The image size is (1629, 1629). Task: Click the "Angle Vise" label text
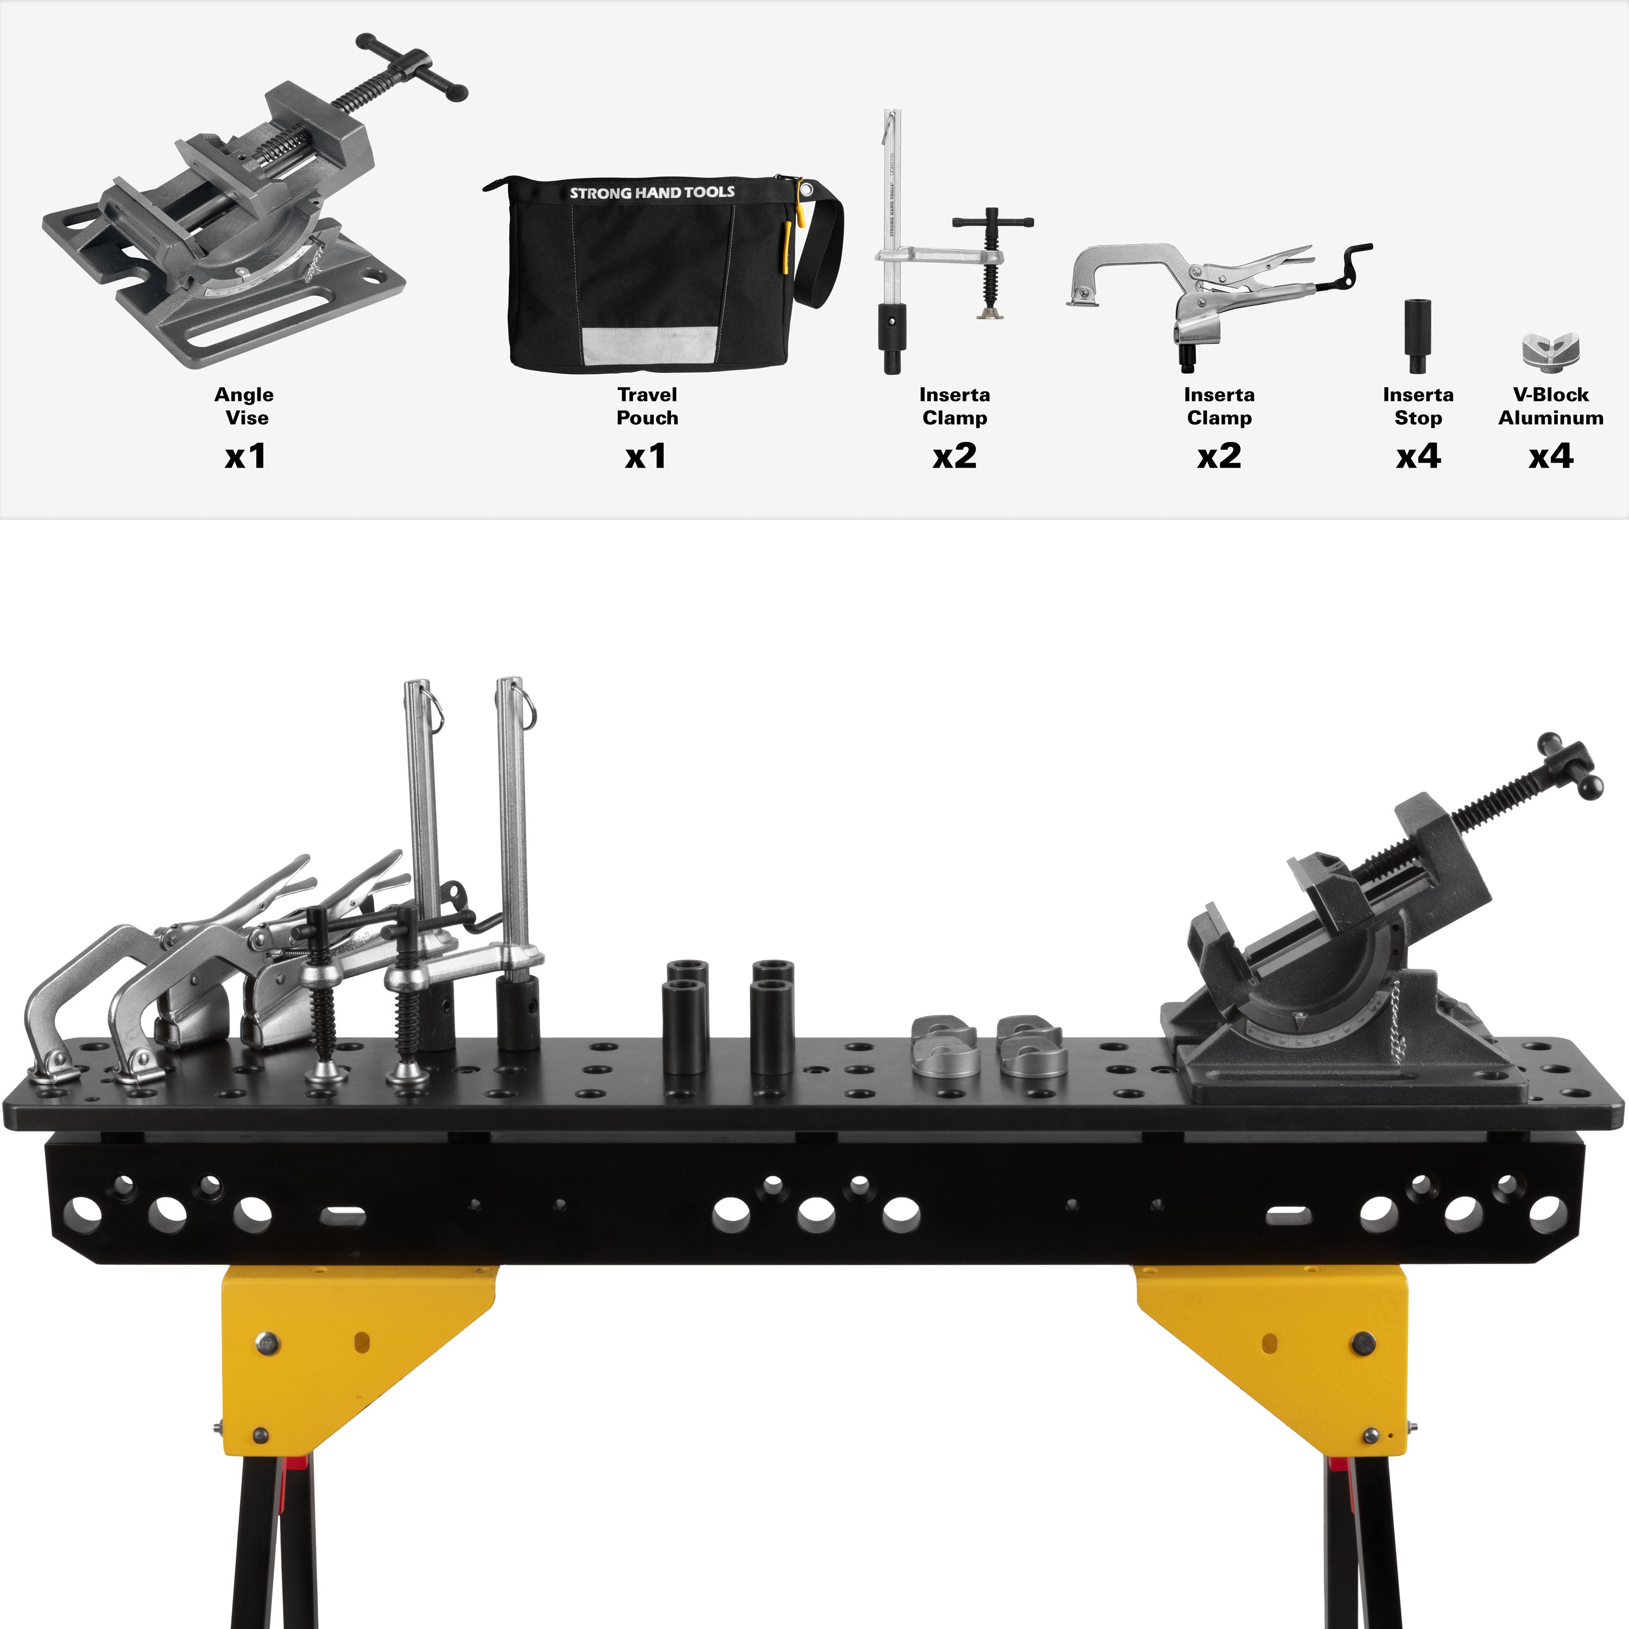[244, 406]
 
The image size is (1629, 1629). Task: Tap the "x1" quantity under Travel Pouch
[646, 456]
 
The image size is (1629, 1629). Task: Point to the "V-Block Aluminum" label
[1551, 406]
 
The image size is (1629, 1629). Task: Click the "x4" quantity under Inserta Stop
[1418, 456]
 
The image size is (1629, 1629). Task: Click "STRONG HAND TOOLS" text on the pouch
[652, 192]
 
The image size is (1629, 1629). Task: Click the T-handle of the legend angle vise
[412, 66]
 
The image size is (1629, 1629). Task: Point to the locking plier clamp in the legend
[1218, 291]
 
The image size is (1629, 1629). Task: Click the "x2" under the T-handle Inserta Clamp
[955, 456]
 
